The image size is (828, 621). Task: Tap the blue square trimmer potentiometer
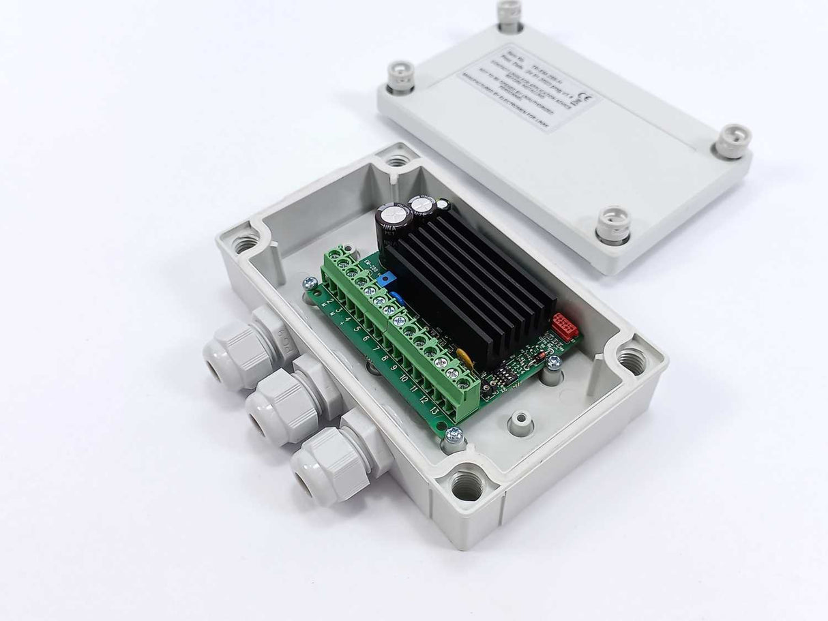point(387,279)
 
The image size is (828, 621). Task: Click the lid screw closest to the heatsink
point(614,225)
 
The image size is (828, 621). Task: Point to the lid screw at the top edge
point(509,14)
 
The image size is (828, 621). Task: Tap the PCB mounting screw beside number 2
point(309,283)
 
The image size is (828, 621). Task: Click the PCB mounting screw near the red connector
point(553,362)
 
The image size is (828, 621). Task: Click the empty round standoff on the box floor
point(520,421)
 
